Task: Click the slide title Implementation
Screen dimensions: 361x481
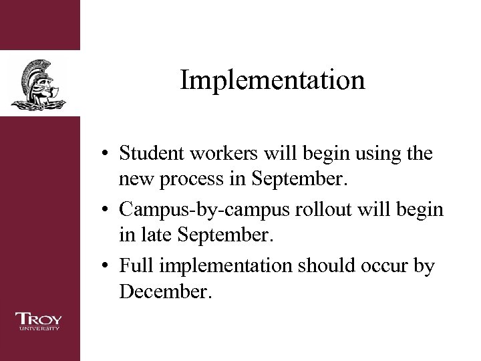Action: [273, 81]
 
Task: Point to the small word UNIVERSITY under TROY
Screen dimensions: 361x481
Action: [39, 328]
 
